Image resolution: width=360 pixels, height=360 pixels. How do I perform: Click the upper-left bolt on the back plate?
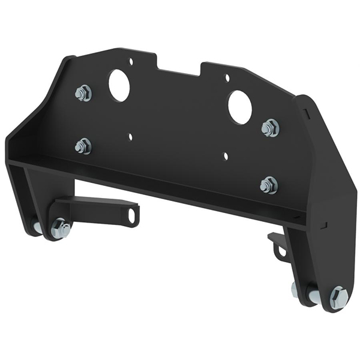[x=83, y=93]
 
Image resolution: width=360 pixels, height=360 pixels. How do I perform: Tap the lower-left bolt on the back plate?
[x=83, y=146]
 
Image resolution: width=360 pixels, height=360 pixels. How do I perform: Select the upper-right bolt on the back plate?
[x=271, y=128]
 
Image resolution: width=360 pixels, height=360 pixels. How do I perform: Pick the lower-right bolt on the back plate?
[x=269, y=185]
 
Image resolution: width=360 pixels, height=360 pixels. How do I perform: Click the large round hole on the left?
[x=119, y=85]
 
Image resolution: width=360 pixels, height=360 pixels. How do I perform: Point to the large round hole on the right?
[x=239, y=107]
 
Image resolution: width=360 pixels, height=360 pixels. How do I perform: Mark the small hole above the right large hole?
[x=227, y=77]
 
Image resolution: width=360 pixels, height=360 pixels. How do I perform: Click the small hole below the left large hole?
[x=130, y=137]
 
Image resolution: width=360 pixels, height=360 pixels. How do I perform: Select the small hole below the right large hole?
[x=226, y=156]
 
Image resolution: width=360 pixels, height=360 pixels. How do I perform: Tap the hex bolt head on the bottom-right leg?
[x=338, y=298]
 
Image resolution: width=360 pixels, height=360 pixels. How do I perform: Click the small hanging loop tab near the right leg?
[x=278, y=246]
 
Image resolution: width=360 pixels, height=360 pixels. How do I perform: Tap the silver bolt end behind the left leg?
[x=37, y=227]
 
